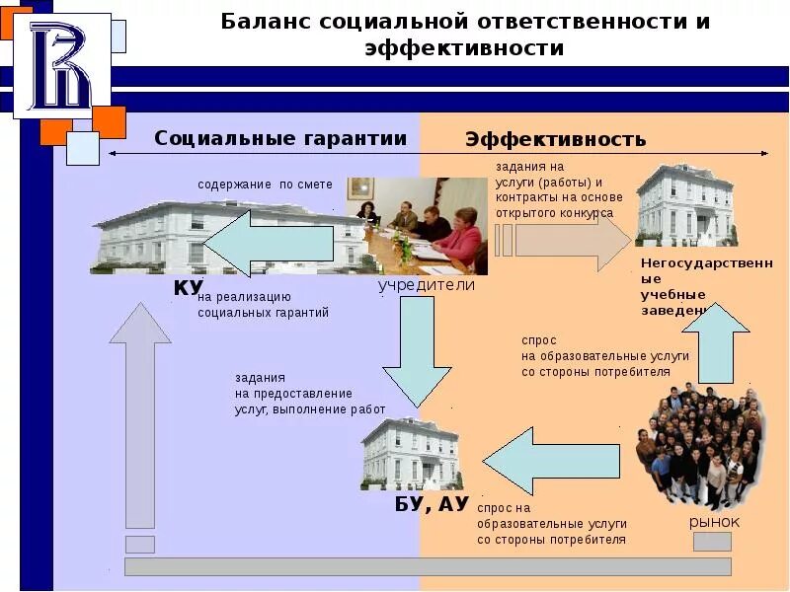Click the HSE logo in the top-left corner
coord(60,67)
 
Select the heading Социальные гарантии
coord(280,139)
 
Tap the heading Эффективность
coord(555,140)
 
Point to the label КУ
coord(188,288)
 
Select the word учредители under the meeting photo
coord(427,285)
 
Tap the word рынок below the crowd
coord(714,522)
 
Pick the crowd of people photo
coord(702,449)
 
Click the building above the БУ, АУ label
coord(411,452)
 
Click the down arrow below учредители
coord(416,350)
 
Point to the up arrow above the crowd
coord(716,340)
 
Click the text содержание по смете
coord(265,185)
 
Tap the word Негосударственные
coord(704,263)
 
